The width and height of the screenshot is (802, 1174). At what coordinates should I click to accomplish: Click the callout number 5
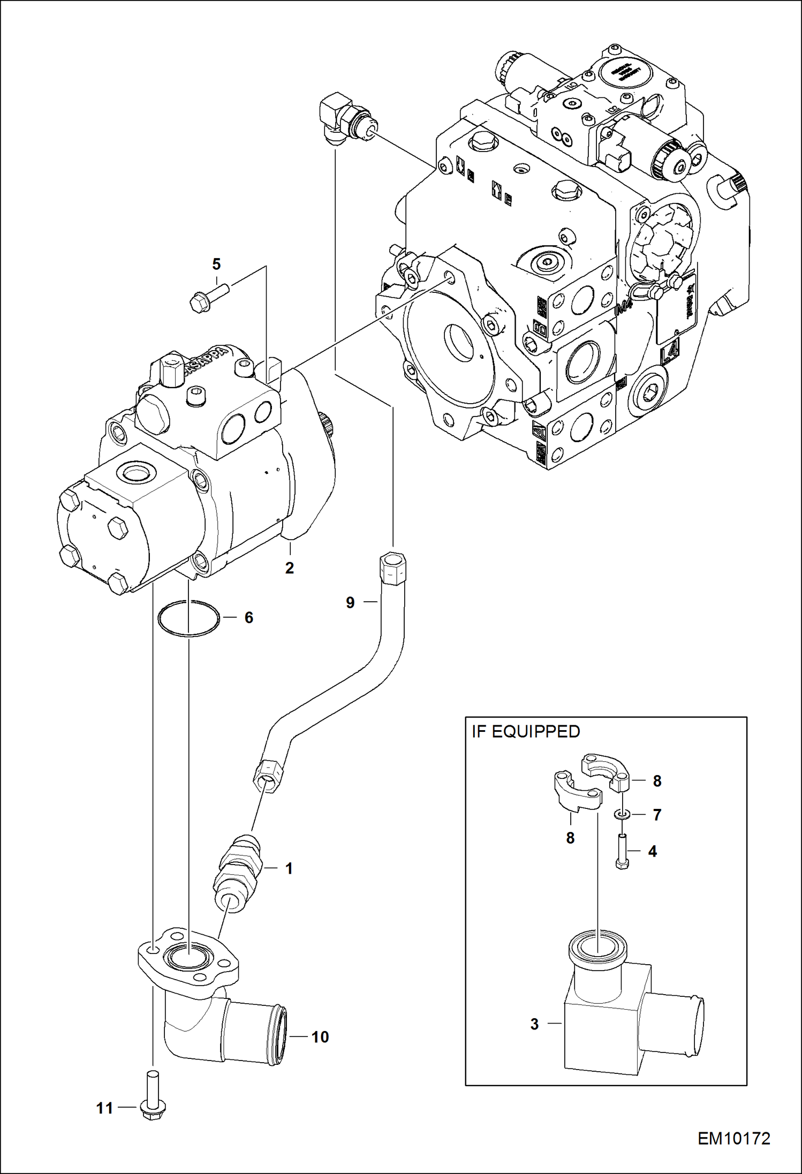(216, 264)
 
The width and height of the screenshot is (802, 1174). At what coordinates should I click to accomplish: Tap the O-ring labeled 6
(188, 619)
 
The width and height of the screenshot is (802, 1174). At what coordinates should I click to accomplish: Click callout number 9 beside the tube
(350, 603)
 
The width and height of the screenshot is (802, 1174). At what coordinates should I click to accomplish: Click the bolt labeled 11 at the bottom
(152, 1095)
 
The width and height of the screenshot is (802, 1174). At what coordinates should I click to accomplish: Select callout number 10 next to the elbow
(320, 1037)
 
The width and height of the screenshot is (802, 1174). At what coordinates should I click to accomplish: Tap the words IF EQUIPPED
(526, 732)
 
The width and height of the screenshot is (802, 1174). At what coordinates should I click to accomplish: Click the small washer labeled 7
(621, 815)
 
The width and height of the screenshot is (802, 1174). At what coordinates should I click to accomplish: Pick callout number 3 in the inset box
(534, 1024)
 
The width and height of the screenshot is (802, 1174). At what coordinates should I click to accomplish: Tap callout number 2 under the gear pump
(290, 568)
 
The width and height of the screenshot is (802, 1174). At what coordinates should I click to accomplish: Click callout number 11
(104, 1108)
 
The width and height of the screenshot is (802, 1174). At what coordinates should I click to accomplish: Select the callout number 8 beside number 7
(657, 781)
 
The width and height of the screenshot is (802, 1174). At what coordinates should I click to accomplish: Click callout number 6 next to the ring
(249, 618)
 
